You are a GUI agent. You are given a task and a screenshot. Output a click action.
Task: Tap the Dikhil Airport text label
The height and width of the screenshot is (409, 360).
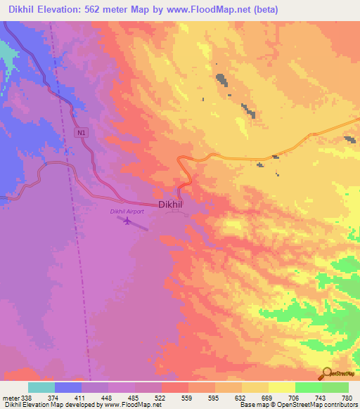pyautogui.click(x=127, y=211)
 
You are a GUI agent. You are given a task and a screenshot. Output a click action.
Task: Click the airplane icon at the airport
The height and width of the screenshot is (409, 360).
pyautogui.click(x=127, y=222)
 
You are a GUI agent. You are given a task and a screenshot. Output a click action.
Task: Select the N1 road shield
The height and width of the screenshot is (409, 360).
pyautogui.click(x=82, y=132)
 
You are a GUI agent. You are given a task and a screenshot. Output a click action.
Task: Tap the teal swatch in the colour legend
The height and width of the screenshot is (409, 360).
pyautogui.click(x=41, y=387)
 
